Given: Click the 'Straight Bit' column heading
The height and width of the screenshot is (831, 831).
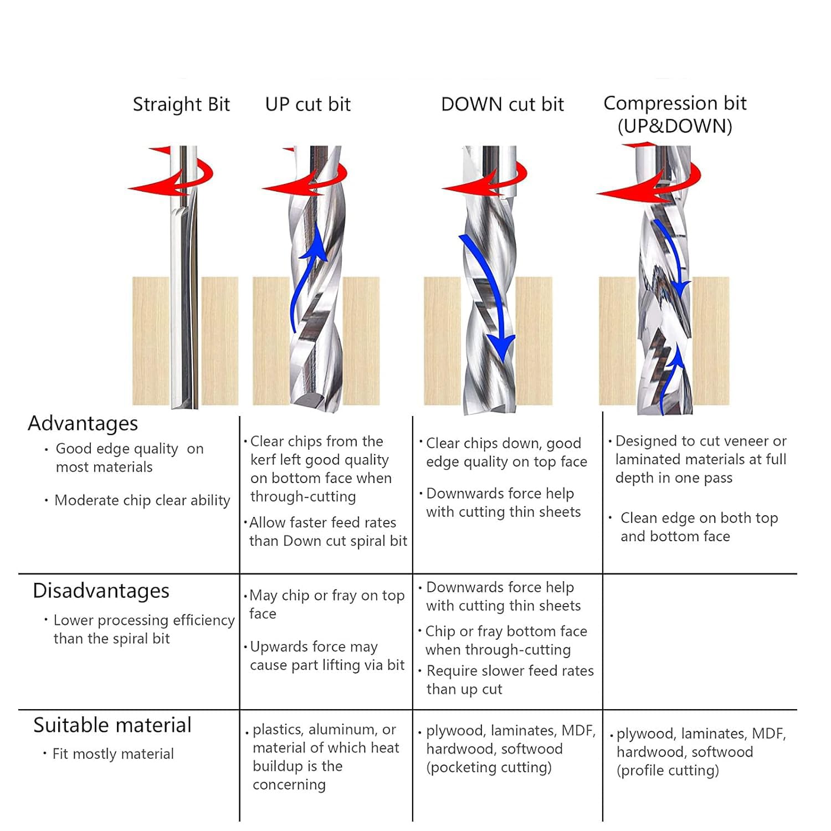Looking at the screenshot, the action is tap(181, 105).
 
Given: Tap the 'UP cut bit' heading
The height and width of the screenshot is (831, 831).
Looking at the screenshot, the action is tap(308, 104).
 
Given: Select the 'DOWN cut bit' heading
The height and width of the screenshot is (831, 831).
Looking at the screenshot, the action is tap(502, 104).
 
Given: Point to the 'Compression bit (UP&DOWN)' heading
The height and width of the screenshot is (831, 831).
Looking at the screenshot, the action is tap(675, 115).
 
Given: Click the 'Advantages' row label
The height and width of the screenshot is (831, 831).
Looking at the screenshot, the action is tap(83, 423).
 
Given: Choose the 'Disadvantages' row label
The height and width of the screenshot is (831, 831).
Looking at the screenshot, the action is tap(101, 591).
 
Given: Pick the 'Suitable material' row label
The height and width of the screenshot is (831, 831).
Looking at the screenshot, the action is tap(112, 725).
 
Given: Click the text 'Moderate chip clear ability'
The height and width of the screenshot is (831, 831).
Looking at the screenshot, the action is tap(142, 500).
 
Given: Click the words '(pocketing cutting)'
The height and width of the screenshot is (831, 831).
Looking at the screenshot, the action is tap(489, 767).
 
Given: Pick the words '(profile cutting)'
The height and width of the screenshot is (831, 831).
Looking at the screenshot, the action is tap(668, 771).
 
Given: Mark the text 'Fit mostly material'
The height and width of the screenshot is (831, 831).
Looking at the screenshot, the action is tap(113, 754).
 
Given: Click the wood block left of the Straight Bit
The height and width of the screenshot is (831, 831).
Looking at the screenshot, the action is tap(151, 341).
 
